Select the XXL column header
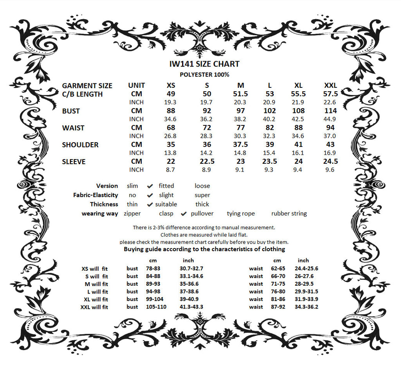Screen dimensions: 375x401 click(331, 85)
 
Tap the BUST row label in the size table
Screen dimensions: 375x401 click(71, 111)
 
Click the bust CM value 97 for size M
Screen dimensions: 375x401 click(240, 111)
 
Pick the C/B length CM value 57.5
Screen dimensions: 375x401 click(331, 94)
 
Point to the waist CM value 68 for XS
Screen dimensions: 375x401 click(171, 128)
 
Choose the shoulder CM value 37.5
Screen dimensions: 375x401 click(240, 145)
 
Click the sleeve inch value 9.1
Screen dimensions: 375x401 click(240, 170)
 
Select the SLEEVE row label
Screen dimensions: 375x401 click(74, 161)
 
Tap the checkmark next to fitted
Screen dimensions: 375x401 click(150, 186)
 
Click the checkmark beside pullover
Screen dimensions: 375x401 click(184, 214)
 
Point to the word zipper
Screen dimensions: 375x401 click(132, 214)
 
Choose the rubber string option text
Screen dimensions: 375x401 click(289, 214)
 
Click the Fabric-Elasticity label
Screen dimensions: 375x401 click(96, 195)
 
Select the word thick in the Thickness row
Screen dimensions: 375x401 click(202, 204)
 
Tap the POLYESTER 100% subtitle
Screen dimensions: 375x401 click(204, 74)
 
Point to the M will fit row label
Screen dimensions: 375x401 click(97, 284)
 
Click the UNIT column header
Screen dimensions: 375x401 click(136, 85)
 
